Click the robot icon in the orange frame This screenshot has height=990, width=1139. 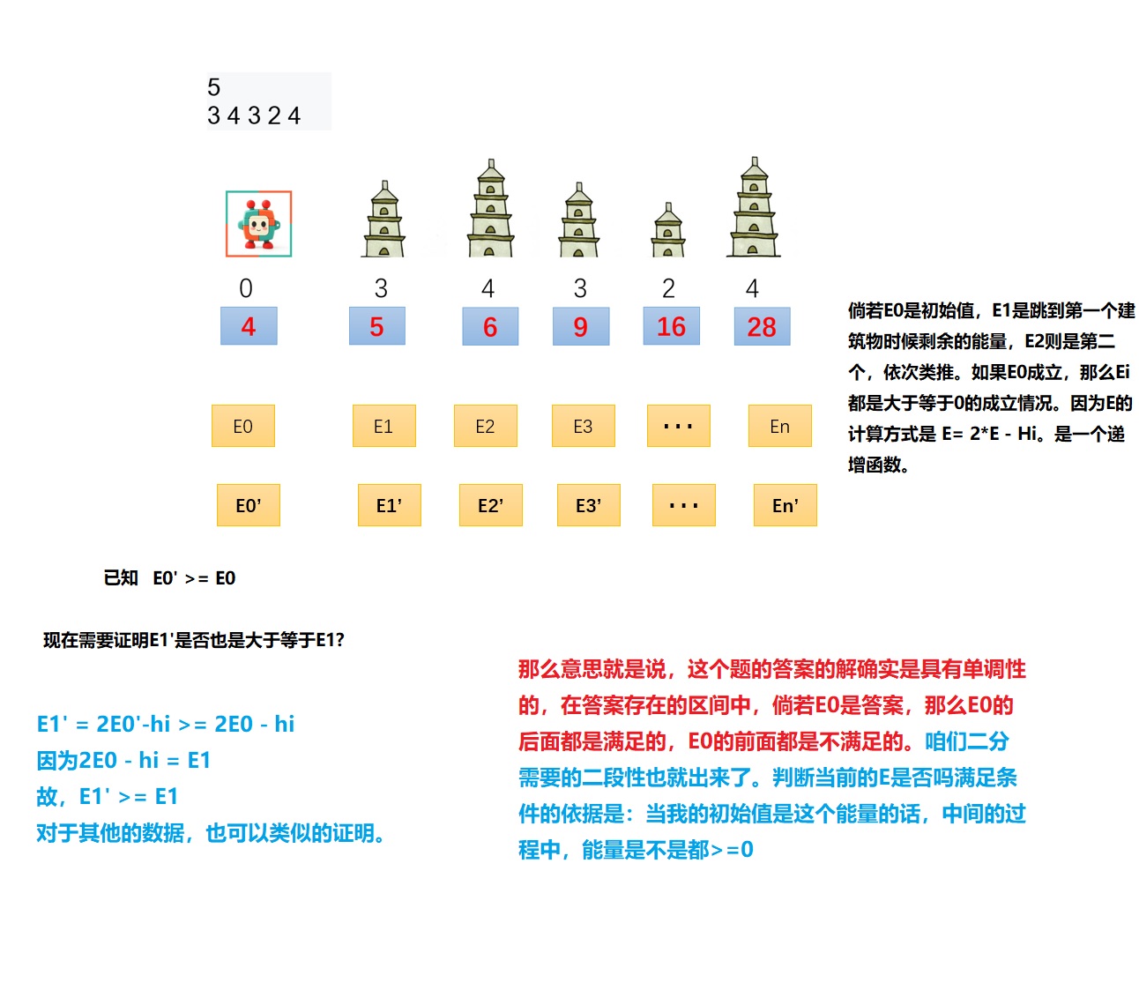258,224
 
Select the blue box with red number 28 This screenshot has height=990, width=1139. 762,326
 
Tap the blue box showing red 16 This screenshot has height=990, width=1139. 671,326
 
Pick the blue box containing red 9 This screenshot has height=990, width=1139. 580,326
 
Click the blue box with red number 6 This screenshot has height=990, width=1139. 490,326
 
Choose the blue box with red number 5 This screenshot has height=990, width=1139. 376,326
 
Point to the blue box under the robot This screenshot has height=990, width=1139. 249,326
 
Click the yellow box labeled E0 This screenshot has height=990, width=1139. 243,426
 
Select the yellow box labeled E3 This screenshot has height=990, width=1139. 583,426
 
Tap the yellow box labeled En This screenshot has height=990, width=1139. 779,426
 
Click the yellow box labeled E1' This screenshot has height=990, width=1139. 389,505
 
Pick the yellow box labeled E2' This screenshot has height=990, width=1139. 490,505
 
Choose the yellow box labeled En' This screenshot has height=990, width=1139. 785,505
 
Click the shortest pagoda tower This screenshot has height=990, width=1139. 668,231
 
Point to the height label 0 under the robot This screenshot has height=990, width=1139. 246,288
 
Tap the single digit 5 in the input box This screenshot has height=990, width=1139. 214,87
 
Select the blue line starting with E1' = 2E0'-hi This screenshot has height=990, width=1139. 166,724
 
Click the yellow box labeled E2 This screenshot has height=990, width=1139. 485,426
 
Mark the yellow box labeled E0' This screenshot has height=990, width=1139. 249,505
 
